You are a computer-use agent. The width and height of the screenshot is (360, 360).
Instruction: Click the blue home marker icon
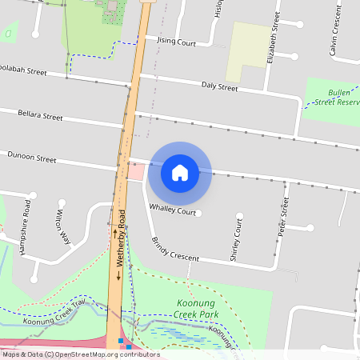180,172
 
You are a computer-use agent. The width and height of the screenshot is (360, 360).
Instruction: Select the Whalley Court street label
173,211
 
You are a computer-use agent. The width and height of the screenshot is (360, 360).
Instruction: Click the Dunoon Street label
32,158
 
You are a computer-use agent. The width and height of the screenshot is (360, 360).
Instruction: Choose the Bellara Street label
40,116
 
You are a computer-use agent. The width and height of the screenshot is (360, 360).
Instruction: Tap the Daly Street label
219,86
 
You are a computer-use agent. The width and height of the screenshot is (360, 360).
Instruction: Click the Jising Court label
176,41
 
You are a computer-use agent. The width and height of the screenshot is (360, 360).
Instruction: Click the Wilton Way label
64,227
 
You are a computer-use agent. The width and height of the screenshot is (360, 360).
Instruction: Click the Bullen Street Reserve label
335,98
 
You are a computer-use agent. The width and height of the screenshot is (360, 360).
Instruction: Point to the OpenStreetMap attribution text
80,354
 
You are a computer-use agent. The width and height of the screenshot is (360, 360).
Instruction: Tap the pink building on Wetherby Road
137,171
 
